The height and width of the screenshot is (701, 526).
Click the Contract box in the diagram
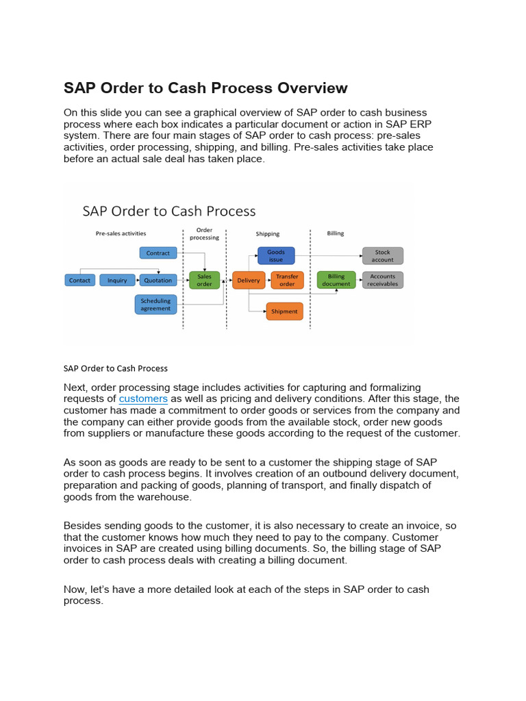pos(158,253)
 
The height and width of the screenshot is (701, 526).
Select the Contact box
pos(80,280)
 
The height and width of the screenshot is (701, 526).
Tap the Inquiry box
pos(117,280)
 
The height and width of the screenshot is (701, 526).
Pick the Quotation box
pos(158,280)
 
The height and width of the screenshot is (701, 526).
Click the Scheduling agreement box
pos(156,305)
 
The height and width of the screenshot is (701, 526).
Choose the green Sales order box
pos(204,280)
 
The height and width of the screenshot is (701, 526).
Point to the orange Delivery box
pos(249,280)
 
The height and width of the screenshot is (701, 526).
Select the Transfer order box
pos(287,280)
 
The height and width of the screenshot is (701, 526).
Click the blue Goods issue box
pos(276,255)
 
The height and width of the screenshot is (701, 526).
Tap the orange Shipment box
pos(284,311)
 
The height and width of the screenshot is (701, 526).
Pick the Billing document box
pos(336,280)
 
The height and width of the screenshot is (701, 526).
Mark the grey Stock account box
pos(383,255)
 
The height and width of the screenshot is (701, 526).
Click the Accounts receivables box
pos(383,280)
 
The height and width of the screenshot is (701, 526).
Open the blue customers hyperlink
pos(143,398)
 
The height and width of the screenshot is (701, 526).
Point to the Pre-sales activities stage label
pos(121,233)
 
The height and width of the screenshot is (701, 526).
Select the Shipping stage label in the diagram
pos(267,234)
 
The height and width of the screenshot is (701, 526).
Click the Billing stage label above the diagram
pos(336,233)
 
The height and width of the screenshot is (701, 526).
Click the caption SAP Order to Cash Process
pos(116,368)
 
